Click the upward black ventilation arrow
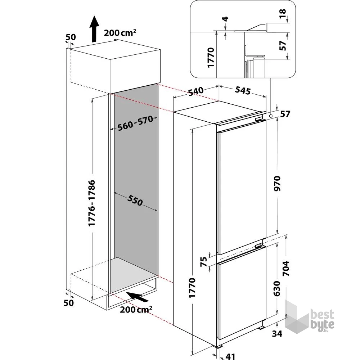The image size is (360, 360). click(94, 29)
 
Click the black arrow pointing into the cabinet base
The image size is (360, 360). click(139, 297)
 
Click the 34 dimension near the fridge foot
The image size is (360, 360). click(277, 334)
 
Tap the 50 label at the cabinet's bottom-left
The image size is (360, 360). click(68, 303)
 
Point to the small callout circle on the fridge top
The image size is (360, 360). click(270, 116)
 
